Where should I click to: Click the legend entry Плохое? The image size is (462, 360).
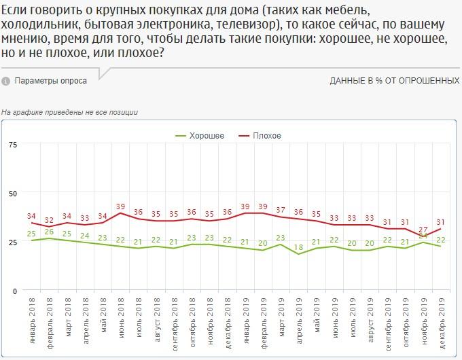pos(266,136)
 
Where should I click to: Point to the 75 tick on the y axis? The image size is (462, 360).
pos(13,145)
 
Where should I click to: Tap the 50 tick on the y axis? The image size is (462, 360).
pos(13,194)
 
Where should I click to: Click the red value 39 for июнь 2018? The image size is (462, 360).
pos(121,206)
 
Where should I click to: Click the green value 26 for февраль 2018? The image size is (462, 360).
pos(50,232)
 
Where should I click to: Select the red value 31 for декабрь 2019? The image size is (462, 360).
pos(441,221)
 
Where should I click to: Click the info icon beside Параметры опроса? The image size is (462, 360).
pos(6,81)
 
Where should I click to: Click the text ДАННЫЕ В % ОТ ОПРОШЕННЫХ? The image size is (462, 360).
pos(395,81)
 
